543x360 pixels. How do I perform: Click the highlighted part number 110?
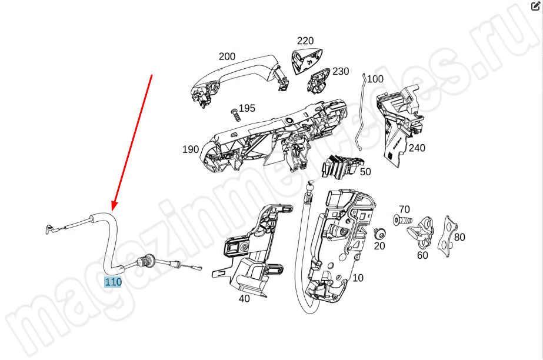113,282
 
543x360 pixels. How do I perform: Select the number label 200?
227,56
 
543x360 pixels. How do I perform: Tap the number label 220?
305,41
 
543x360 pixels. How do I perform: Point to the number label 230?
341,71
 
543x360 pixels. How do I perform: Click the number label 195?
247,108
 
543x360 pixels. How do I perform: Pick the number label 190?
191,149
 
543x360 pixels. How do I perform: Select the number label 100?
375,79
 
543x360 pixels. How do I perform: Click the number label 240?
417,148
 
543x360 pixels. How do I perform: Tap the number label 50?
365,172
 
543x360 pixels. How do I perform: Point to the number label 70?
404,209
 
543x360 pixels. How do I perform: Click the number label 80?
459,237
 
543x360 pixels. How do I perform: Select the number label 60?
422,255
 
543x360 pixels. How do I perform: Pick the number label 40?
244,298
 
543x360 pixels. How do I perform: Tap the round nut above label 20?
379,234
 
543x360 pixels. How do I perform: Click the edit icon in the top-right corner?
535,6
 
